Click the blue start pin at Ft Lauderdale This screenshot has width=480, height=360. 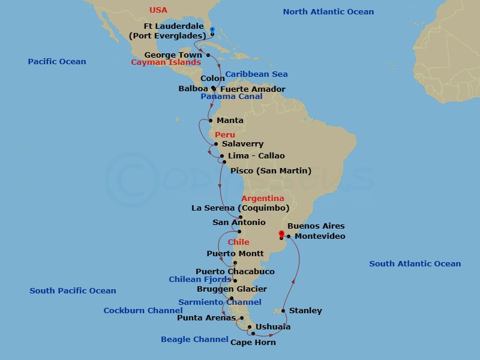click(212, 30)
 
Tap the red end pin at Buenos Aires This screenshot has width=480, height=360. click(282, 233)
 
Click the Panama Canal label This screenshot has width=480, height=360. click(232, 97)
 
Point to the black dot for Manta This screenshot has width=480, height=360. click(210, 121)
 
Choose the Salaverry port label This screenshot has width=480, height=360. click(242, 144)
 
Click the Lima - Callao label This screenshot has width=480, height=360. click(256, 156)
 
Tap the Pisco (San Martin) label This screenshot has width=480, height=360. click(271, 171)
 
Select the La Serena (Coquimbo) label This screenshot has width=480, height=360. click(240, 208)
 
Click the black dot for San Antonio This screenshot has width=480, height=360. click(239, 232)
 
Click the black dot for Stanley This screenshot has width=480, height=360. click(283, 311)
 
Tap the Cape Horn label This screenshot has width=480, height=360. click(253, 342)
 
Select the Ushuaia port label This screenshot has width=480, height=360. click(273, 327)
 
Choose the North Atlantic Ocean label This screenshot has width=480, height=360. click(328, 12)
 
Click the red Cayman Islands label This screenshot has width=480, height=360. click(166, 62)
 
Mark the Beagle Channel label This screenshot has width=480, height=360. click(194, 340)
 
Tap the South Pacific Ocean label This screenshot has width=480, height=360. click(73, 291)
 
